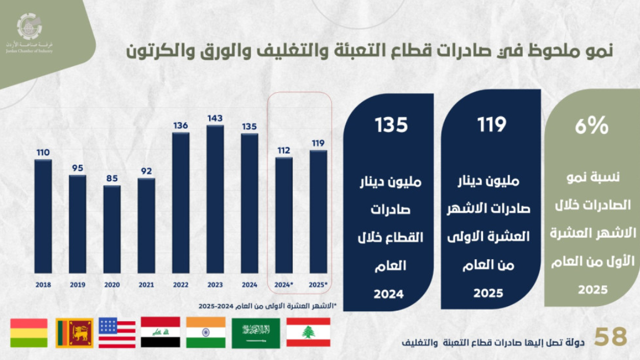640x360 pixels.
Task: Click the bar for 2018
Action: [43, 216]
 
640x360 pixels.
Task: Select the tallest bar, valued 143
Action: [215, 199]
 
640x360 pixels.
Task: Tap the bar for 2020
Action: [112, 229]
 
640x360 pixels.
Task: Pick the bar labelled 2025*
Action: [318, 212]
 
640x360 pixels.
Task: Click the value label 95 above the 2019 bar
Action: [77, 168]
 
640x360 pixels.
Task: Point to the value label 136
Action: [181, 125]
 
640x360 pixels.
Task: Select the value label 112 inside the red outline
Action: [283, 150]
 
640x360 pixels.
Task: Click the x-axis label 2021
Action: [146, 285]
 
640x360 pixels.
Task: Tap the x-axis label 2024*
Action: [284, 285]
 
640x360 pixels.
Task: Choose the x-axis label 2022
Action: [181, 285]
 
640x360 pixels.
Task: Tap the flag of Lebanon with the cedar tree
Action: [309, 332]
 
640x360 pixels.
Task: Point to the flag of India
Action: [206, 332]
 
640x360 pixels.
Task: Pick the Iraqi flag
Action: [161, 332]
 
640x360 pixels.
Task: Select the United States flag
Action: [117, 332]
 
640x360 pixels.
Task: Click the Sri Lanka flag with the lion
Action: [74, 333]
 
